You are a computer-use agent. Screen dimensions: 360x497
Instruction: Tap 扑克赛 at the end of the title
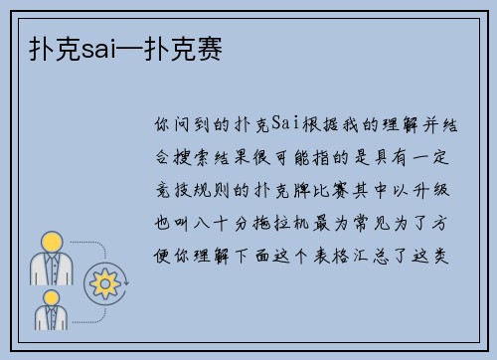coord(188,47)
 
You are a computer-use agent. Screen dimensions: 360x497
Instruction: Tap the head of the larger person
coord(51,241)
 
